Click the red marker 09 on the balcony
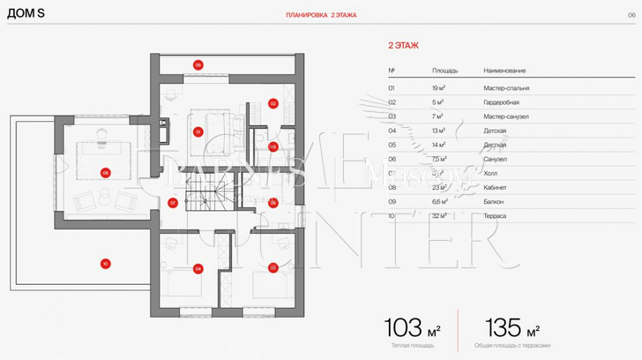tap(198, 64)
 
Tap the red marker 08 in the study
tap(106, 173)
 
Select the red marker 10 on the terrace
tap(105, 263)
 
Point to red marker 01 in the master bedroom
tap(198, 131)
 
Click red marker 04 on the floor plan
tap(198, 268)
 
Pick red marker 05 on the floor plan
tap(273, 267)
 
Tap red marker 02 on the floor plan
tap(273, 103)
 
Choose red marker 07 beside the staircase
tap(173, 202)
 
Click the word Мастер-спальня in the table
tap(506, 88)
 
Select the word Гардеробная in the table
tap(501, 102)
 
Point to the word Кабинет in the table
tap(496, 187)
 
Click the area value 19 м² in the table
tap(437, 88)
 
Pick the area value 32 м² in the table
tap(438, 215)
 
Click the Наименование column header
tap(504, 70)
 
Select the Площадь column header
tap(444, 70)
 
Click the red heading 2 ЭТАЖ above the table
tap(403, 43)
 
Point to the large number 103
tap(405, 329)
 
